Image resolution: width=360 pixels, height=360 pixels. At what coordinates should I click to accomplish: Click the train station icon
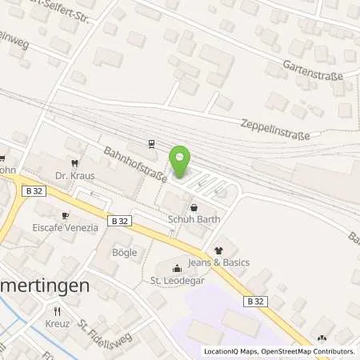click(x=150, y=144)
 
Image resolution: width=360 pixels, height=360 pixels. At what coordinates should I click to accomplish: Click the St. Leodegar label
click(x=177, y=280)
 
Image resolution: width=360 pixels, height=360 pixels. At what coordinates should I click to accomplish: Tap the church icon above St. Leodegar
click(x=178, y=267)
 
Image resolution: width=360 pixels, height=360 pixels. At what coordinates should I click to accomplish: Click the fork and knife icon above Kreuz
click(x=57, y=310)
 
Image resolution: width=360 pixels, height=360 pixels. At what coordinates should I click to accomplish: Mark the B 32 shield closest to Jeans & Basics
click(x=256, y=301)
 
